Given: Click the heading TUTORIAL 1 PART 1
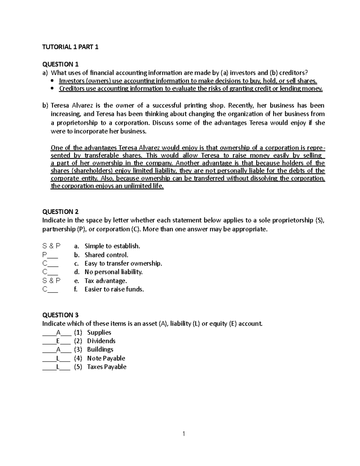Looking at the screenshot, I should pyautogui.click(x=70, y=47).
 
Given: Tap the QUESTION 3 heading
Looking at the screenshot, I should pyautogui.click(x=60, y=315).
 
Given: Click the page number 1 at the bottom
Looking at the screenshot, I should pyautogui.click(x=184, y=434).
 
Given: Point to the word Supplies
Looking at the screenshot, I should pyautogui.click(x=99, y=332).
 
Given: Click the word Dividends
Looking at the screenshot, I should pyautogui.click(x=101, y=341).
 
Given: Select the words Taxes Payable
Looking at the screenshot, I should pyautogui.click(x=106, y=367).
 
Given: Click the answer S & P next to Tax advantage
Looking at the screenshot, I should pyautogui.click(x=51, y=281).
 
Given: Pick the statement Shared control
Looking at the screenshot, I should pyautogui.click(x=106, y=255).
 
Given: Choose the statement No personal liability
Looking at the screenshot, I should pyautogui.click(x=113, y=272).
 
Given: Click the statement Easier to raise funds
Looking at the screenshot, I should pyautogui.click(x=114, y=289).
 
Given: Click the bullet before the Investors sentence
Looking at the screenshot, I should pyautogui.click(x=52, y=81).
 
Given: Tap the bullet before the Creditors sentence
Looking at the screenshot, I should pyautogui.click(x=52, y=89).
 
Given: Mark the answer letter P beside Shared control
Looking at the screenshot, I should pyautogui.click(x=45, y=255).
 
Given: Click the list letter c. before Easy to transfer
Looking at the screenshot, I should pyautogui.click(x=76, y=263).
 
